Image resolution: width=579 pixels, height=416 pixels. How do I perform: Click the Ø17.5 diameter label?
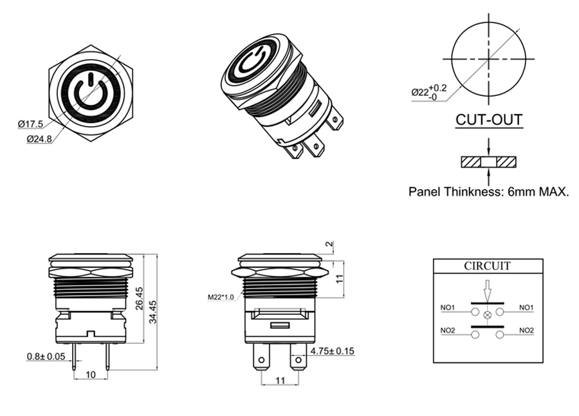click(x=30, y=124)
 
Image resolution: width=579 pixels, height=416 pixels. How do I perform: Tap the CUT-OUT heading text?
click(x=488, y=120)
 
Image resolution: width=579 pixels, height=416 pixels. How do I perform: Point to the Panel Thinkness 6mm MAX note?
click(x=489, y=191)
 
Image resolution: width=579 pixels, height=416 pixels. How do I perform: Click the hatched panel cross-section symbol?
click(x=488, y=161)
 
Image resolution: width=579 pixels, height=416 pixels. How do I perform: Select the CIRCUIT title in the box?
click(x=487, y=265)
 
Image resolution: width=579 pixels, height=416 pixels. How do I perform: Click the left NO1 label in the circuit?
click(x=448, y=307)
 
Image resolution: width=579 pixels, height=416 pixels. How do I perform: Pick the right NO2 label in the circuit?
click(x=526, y=330)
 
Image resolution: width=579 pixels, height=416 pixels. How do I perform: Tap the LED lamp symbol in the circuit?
click(x=487, y=314)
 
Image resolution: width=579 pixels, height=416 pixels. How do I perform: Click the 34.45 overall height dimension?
click(x=153, y=312)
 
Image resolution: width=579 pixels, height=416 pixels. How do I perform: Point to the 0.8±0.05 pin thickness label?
click(x=46, y=356)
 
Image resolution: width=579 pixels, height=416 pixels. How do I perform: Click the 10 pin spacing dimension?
click(x=91, y=374)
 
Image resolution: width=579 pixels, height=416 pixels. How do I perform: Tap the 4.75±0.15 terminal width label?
click(x=333, y=351)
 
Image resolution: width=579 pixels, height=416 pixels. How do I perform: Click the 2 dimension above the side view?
click(x=329, y=245)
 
